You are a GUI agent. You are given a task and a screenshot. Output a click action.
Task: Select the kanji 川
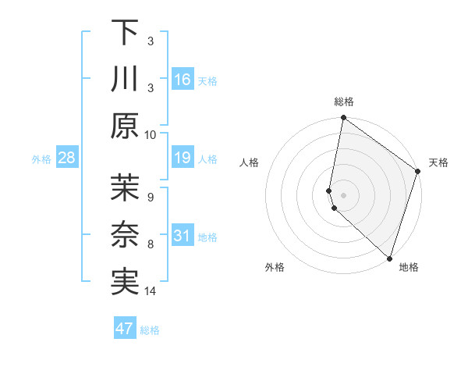click(x=126, y=79)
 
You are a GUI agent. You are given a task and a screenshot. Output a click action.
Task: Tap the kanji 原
click(x=126, y=125)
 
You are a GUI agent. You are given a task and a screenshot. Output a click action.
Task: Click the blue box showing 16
click(x=183, y=80)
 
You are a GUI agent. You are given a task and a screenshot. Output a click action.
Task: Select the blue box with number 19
click(x=183, y=159)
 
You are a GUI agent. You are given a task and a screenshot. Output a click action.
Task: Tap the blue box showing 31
click(x=183, y=236)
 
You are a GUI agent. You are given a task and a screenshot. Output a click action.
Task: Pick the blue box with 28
click(x=66, y=159)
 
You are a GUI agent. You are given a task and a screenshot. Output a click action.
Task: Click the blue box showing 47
click(x=125, y=329)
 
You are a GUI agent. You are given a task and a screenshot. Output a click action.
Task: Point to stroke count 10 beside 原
click(x=151, y=134)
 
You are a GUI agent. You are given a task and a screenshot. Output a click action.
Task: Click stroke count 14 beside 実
click(x=151, y=291)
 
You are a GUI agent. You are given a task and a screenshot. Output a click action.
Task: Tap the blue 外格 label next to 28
click(x=41, y=159)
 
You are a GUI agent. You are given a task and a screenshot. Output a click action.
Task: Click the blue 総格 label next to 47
click(x=150, y=330)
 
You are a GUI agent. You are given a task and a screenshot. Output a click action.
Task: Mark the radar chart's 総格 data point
click(x=343, y=119)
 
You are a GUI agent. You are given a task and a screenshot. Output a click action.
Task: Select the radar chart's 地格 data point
click(x=389, y=258)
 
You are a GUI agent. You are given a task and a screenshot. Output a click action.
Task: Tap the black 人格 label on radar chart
click(x=250, y=162)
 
